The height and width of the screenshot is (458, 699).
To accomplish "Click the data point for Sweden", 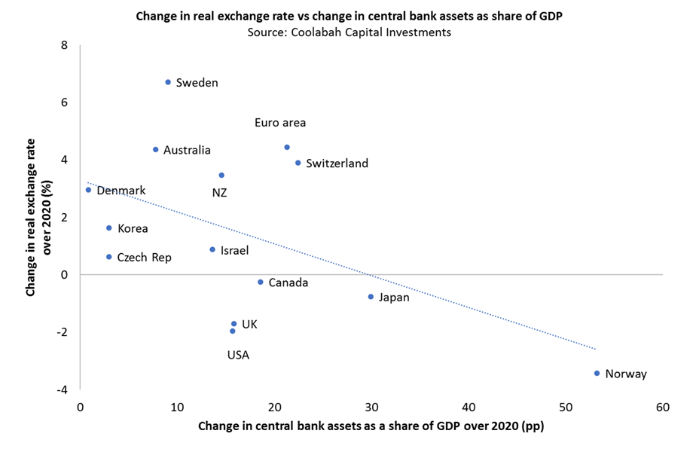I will (x=168, y=82).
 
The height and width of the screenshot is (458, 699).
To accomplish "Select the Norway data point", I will (x=597, y=373).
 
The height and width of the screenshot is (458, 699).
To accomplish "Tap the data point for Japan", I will (x=371, y=297).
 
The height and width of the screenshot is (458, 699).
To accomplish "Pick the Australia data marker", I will (x=156, y=150).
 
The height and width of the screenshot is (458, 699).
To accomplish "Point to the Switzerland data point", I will (x=298, y=163).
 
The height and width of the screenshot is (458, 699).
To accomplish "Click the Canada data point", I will (x=261, y=282).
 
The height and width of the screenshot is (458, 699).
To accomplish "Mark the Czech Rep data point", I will (x=109, y=257).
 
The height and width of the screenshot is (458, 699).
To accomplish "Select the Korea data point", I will (x=109, y=227).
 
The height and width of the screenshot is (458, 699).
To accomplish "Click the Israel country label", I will (x=234, y=251).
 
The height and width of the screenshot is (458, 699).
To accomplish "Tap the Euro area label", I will (x=280, y=123).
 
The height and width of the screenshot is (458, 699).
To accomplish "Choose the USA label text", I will (x=238, y=355).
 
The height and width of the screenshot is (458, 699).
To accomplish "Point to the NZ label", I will (x=219, y=193).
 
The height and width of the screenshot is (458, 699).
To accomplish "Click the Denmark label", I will (x=121, y=191).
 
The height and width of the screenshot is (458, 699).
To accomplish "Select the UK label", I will (x=250, y=325).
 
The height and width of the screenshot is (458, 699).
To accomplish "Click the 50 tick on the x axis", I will (x=566, y=408).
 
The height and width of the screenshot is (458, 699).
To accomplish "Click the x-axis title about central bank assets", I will (x=371, y=426).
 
